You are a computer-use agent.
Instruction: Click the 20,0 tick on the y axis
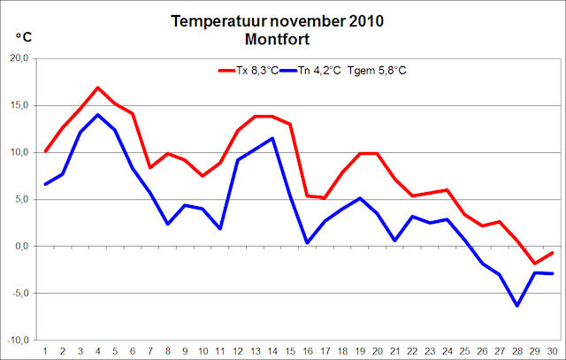19,58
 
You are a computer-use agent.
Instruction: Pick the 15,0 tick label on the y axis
19,105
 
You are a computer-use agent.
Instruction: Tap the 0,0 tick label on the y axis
21,246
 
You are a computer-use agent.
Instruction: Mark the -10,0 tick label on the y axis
18,340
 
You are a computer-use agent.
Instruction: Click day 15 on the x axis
289,351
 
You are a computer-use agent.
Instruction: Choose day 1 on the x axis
44,351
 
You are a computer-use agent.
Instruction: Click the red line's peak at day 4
98,88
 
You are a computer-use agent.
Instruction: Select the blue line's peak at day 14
272,138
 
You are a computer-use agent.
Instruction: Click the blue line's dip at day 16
306,242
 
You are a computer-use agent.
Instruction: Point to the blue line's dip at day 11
219,228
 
